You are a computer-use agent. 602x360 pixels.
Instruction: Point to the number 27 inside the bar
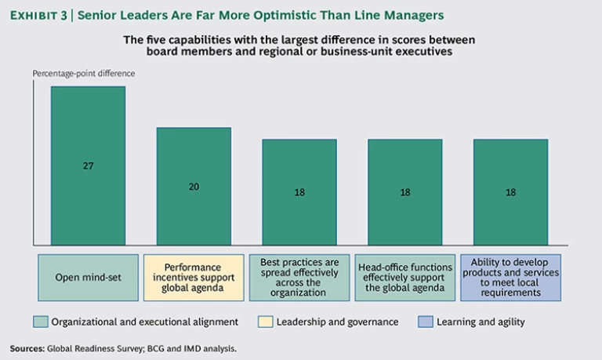[x=89, y=166]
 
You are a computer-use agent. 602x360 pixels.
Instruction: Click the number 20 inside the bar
[x=194, y=187]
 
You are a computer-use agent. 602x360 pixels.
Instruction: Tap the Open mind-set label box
[x=88, y=277]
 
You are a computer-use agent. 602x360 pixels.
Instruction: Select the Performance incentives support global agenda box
[x=193, y=277]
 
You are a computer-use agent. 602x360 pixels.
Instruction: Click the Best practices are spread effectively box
[x=299, y=277]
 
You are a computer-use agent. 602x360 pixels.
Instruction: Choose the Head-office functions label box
[x=404, y=277]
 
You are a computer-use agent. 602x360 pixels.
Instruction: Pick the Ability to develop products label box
[x=510, y=277]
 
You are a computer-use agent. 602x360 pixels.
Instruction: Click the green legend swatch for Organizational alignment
[x=41, y=322]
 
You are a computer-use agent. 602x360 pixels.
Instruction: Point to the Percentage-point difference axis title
[x=84, y=74]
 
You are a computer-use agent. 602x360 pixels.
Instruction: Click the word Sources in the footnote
[x=26, y=347]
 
